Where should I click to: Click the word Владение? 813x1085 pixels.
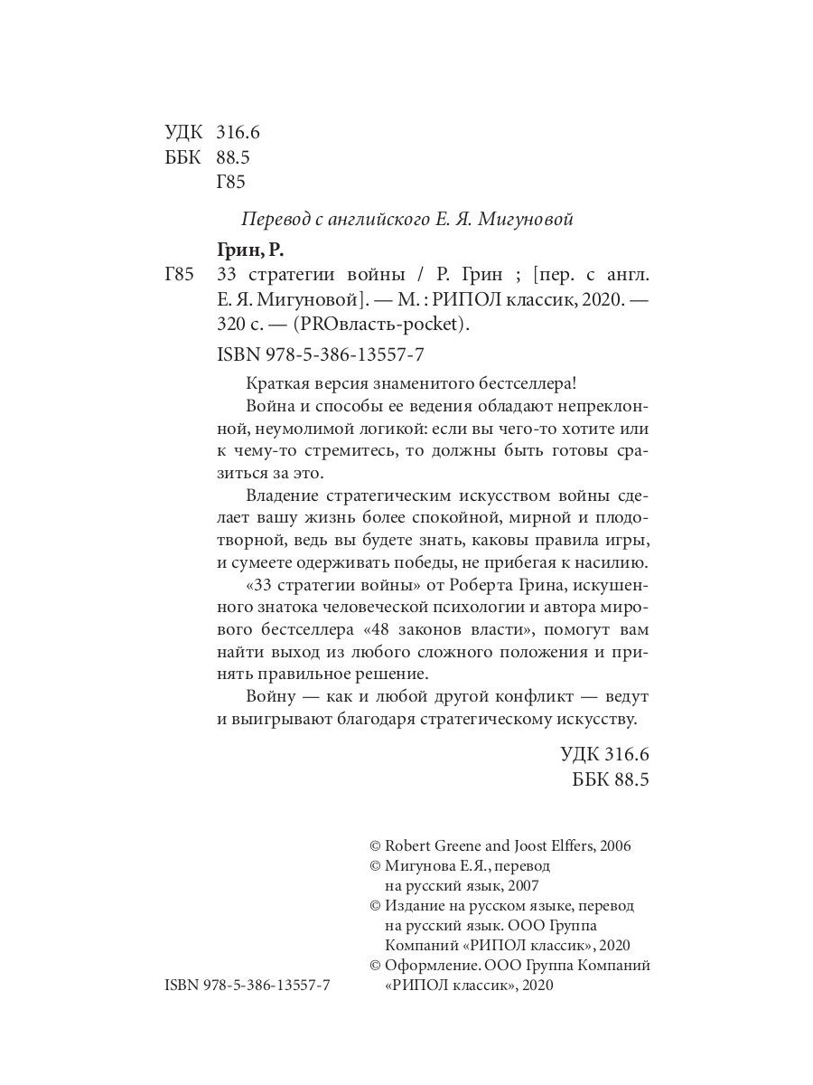[281, 495]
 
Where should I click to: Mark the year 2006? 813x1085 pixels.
[612, 846]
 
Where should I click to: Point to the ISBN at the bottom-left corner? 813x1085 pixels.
[248, 986]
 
